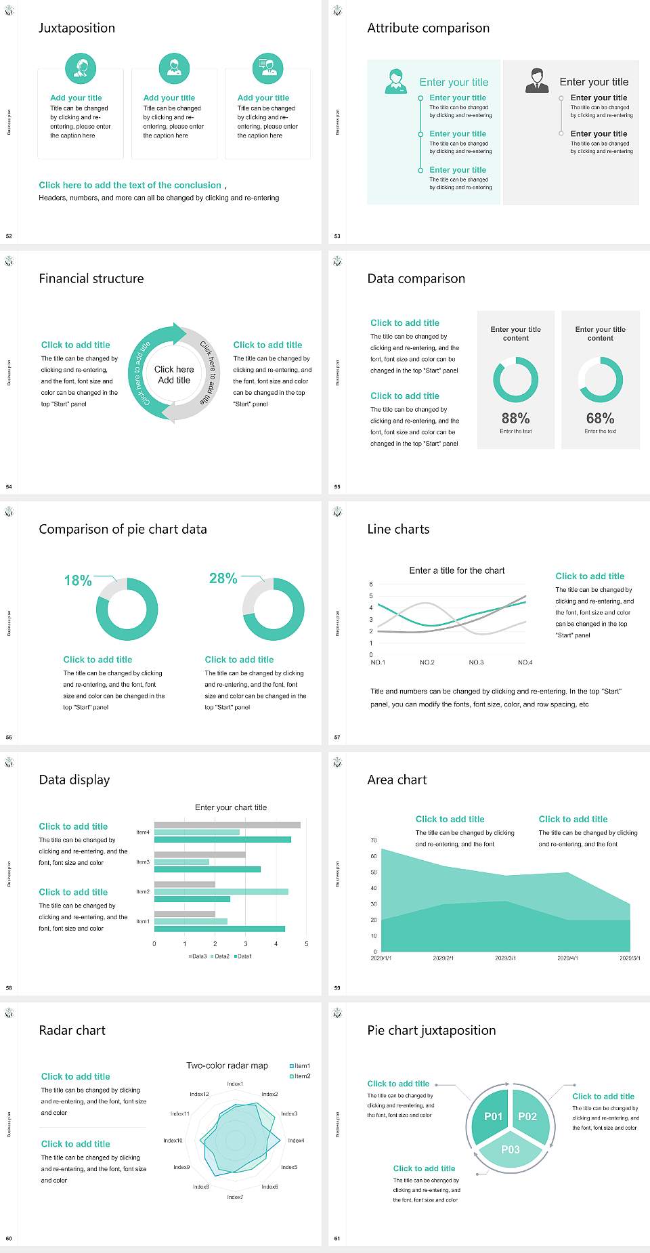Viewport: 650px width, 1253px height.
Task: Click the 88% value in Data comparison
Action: point(515,419)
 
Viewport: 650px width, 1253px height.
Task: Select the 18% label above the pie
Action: point(78,580)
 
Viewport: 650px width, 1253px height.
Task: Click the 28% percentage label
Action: point(223,578)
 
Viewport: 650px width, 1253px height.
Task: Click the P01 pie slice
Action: point(493,1116)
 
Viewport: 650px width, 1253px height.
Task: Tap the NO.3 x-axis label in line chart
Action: point(476,662)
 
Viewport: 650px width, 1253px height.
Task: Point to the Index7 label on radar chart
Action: point(235,1197)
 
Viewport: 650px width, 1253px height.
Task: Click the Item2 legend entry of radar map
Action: point(301,1076)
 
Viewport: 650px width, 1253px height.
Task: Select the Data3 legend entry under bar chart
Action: point(198,956)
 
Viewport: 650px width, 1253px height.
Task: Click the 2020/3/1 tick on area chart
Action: point(505,958)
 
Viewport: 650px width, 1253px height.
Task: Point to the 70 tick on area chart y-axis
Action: point(374,841)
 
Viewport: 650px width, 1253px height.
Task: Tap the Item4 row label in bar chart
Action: point(143,832)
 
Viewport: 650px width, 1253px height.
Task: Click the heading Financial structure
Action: point(91,278)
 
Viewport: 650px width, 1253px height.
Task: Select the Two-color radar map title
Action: point(227,1065)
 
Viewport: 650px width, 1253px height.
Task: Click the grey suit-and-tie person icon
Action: point(537,81)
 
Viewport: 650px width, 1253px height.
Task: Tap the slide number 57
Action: point(337,737)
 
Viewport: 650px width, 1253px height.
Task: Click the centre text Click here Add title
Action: point(174,375)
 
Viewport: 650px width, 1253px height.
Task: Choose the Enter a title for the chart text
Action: point(457,570)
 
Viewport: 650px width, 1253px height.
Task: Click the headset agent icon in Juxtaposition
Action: point(81,68)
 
